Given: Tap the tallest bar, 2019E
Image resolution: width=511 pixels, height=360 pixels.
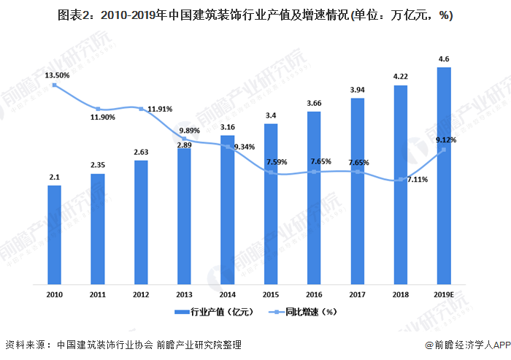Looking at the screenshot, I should pos(443,175).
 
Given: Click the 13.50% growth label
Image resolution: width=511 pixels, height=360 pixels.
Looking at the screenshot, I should pos(57,75).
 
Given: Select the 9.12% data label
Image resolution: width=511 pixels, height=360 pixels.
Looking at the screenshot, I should pos(447,139).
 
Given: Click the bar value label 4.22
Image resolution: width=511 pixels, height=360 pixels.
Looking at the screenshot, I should pos(400,76).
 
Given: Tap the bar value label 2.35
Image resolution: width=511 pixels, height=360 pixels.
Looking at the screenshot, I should pos(98,165).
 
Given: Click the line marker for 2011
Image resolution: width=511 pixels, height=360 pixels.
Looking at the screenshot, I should pos(98,110).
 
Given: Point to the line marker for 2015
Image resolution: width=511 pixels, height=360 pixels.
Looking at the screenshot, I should pos(271,172).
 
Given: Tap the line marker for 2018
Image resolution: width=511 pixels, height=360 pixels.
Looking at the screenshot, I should pos(400,179).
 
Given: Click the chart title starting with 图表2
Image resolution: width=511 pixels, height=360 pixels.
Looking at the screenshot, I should pos(255,18).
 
